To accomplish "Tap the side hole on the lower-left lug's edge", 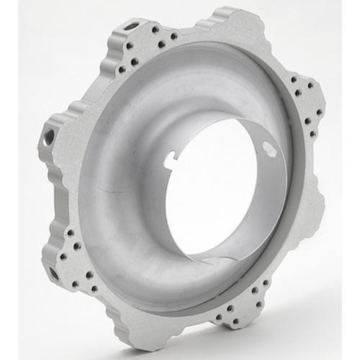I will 55,274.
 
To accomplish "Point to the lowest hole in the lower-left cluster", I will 94,289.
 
